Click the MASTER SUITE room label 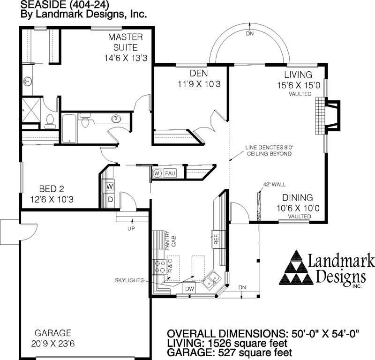[x=125, y=42]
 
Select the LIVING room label [x=298, y=75]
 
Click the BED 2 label [x=51, y=189]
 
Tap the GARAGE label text [x=52, y=333]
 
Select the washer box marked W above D [x=110, y=187]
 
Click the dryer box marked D [x=110, y=199]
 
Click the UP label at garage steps [x=131, y=229]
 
